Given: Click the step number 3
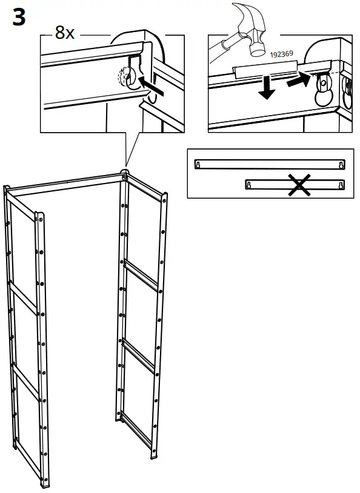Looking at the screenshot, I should (19, 18).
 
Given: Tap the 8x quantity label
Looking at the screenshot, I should (64, 33).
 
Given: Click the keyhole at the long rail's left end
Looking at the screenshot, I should (197, 165).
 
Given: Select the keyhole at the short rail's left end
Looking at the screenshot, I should (248, 184).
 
